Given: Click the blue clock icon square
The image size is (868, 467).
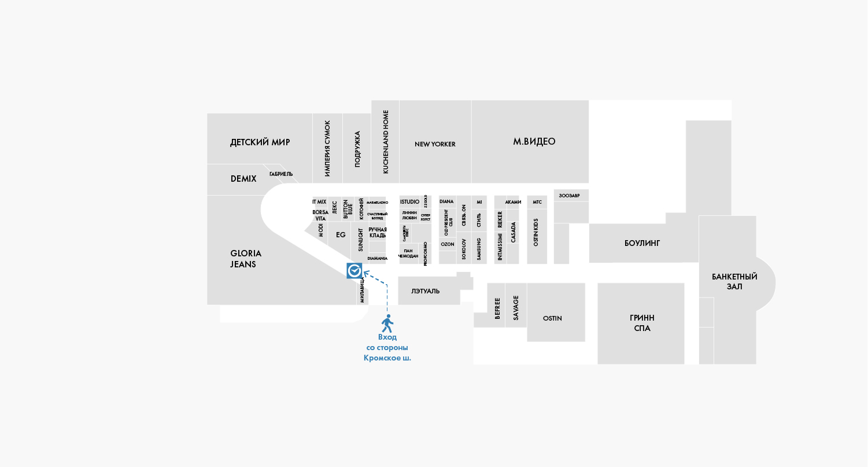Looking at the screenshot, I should pos(354,271).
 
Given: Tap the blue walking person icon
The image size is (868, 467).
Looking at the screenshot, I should pos(387,323).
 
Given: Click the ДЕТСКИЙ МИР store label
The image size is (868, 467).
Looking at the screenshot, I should pos(260,142).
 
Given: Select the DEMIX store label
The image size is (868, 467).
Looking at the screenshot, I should pos(243,179).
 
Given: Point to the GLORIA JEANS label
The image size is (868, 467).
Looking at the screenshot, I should pos(246,259).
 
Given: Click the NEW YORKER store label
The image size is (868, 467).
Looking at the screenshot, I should pos(435,144).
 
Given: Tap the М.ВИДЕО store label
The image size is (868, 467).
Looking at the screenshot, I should pos(534,142).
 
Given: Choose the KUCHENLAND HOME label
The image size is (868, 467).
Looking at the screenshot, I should pos(386,142).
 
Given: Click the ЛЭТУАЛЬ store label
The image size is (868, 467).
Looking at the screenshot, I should pos(425,291).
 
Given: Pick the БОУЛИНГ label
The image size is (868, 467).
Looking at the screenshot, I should pos(642,243).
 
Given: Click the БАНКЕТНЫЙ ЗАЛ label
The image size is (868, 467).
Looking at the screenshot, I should pos(734,281).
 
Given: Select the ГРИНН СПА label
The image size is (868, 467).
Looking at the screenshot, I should pos(642,323).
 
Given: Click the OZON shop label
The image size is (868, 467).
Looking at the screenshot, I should pos(447,244).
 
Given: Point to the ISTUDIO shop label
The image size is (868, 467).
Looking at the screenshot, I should pos(409,201).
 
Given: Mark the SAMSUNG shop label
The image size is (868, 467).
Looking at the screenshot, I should pos(479,249).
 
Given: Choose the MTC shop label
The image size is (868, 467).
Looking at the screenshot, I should pos(537,202).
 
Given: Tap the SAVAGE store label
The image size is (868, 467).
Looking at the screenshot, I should pos(516,308).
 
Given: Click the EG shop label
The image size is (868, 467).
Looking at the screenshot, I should pos(341,234).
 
